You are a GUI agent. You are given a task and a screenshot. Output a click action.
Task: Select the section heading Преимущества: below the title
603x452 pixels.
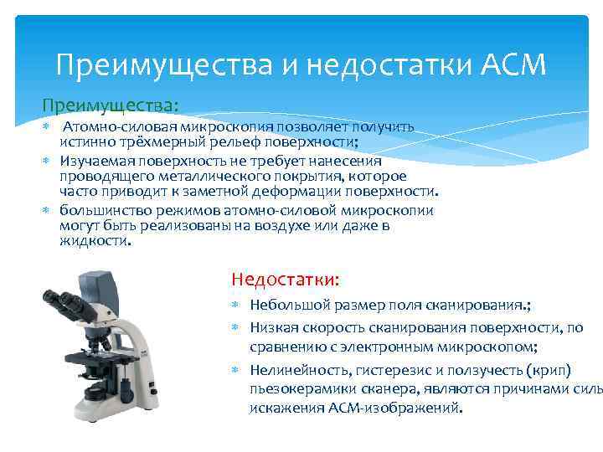(x=111, y=106)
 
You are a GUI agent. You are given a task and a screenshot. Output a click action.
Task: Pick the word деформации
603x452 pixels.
(x=291, y=191)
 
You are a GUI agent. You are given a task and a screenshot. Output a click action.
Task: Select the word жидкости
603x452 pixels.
(x=94, y=241)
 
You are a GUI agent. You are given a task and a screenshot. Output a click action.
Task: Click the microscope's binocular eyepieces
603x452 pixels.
(x=59, y=300)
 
